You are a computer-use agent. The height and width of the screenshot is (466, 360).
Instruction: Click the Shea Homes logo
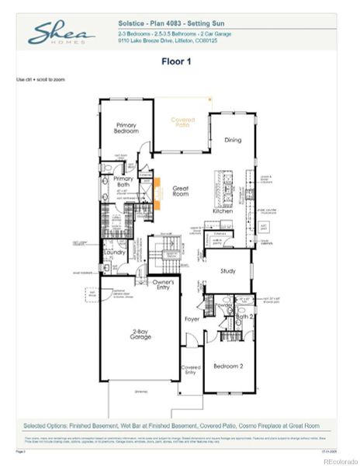click(x=61, y=33)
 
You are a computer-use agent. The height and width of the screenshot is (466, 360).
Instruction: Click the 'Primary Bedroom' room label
click(x=126, y=128)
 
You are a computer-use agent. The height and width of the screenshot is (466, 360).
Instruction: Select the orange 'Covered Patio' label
click(x=183, y=123)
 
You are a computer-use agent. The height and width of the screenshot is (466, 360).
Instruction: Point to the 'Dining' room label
click(x=232, y=141)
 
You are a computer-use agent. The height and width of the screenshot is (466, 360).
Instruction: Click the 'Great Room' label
click(x=182, y=190)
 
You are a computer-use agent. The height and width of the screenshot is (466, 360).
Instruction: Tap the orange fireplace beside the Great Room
click(x=157, y=191)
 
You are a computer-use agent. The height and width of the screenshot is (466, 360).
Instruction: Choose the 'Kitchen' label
click(x=223, y=211)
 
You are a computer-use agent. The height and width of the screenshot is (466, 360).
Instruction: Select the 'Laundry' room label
click(x=116, y=252)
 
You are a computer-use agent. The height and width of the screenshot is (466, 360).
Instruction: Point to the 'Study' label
click(x=227, y=271)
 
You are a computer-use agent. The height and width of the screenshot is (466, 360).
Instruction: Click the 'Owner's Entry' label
click(x=163, y=284)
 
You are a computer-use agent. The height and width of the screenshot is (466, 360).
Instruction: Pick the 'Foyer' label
click(x=192, y=318)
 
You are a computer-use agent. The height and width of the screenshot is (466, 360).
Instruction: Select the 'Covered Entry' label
click(x=191, y=370)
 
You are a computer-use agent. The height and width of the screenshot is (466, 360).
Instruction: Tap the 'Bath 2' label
click(x=244, y=316)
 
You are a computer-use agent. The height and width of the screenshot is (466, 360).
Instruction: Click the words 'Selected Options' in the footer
click(x=45, y=426)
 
